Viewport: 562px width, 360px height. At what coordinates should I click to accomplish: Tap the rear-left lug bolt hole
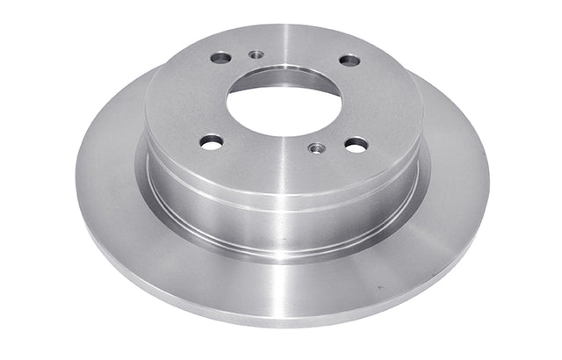220,58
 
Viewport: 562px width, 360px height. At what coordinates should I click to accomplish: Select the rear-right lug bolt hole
349,61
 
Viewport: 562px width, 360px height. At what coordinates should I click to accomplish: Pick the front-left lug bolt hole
211,140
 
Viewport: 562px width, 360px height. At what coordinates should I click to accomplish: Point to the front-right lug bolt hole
356,144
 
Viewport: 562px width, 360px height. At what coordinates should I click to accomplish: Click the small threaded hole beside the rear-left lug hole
256,54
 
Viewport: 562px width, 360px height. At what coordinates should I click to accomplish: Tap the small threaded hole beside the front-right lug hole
317,148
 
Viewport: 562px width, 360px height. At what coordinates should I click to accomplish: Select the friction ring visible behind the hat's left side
114,140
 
